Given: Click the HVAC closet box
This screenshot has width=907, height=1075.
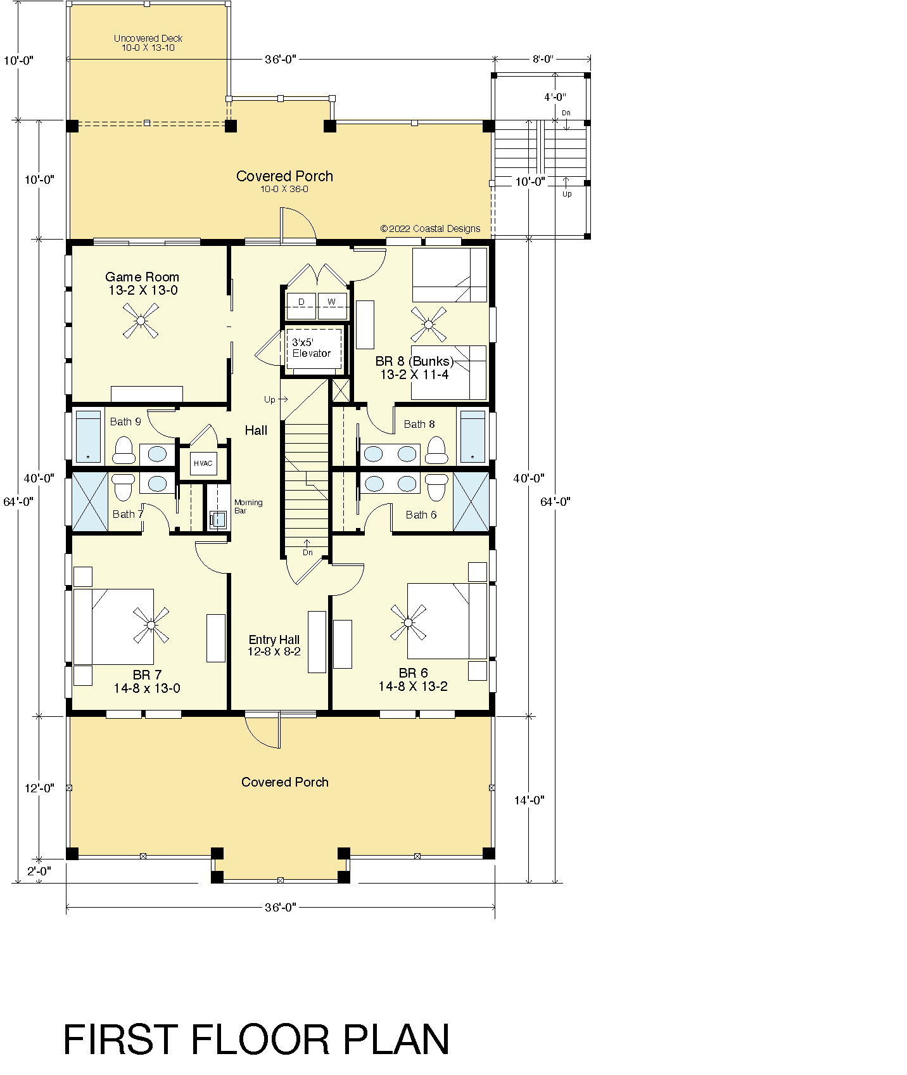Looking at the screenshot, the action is (203, 463).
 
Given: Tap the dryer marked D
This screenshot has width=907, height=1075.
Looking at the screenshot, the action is (301, 306).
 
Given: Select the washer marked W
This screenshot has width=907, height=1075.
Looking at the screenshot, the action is (332, 306).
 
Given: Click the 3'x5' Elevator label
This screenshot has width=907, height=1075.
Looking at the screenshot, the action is (311, 347).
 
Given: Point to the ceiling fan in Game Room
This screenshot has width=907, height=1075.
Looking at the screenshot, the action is (140, 320).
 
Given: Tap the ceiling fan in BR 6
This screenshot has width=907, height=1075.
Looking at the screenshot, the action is (409, 622).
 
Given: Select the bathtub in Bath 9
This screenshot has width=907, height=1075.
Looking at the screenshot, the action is (89, 437).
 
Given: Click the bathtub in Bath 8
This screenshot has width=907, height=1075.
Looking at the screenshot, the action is (473, 437).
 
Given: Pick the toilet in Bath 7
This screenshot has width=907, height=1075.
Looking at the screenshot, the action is (124, 486).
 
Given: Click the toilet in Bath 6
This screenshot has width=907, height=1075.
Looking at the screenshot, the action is (436, 486).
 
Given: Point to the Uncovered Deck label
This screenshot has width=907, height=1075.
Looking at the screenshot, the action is (148, 43).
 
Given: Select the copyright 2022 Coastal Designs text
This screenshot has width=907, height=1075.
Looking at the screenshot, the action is (430, 228).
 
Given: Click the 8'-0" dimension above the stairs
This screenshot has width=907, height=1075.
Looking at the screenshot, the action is (543, 59).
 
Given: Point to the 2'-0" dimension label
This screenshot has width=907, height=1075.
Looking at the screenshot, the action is (39, 871).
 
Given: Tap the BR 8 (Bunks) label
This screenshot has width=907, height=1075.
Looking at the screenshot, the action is (414, 361).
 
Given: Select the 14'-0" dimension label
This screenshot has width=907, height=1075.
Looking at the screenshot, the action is (529, 800).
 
